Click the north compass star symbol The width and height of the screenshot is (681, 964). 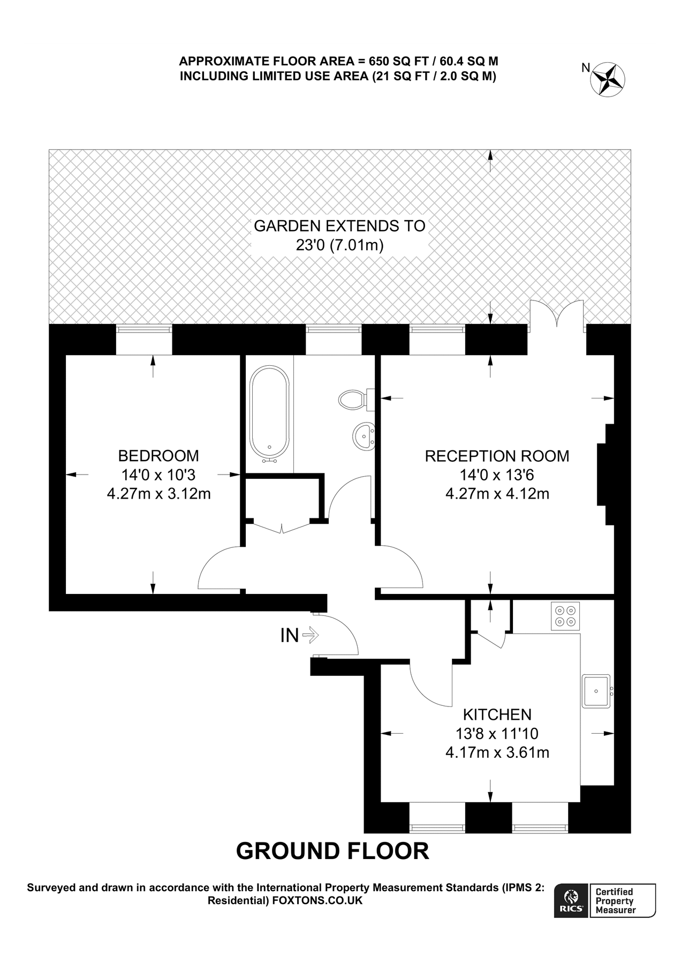click(608, 79)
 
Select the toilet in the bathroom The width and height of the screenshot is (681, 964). click(353, 399)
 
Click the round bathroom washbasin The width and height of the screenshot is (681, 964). click(364, 436)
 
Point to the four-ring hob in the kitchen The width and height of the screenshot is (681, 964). click(565, 616)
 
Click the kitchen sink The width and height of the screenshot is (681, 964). click(596, 691)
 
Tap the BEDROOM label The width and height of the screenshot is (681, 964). click(158, 456)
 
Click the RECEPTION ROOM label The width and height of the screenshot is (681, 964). click(497, 456)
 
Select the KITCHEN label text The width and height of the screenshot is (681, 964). click(497, 714)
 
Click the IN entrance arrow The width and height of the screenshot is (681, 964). click(310, 636)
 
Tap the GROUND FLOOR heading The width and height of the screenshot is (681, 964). click(332, 851)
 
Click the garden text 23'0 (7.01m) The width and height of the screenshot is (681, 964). click(339, 245)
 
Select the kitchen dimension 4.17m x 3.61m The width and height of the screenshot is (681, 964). click(497, 752)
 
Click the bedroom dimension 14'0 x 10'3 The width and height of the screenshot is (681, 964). click(158, 475)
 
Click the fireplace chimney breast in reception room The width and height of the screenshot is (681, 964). click(606, 474)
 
